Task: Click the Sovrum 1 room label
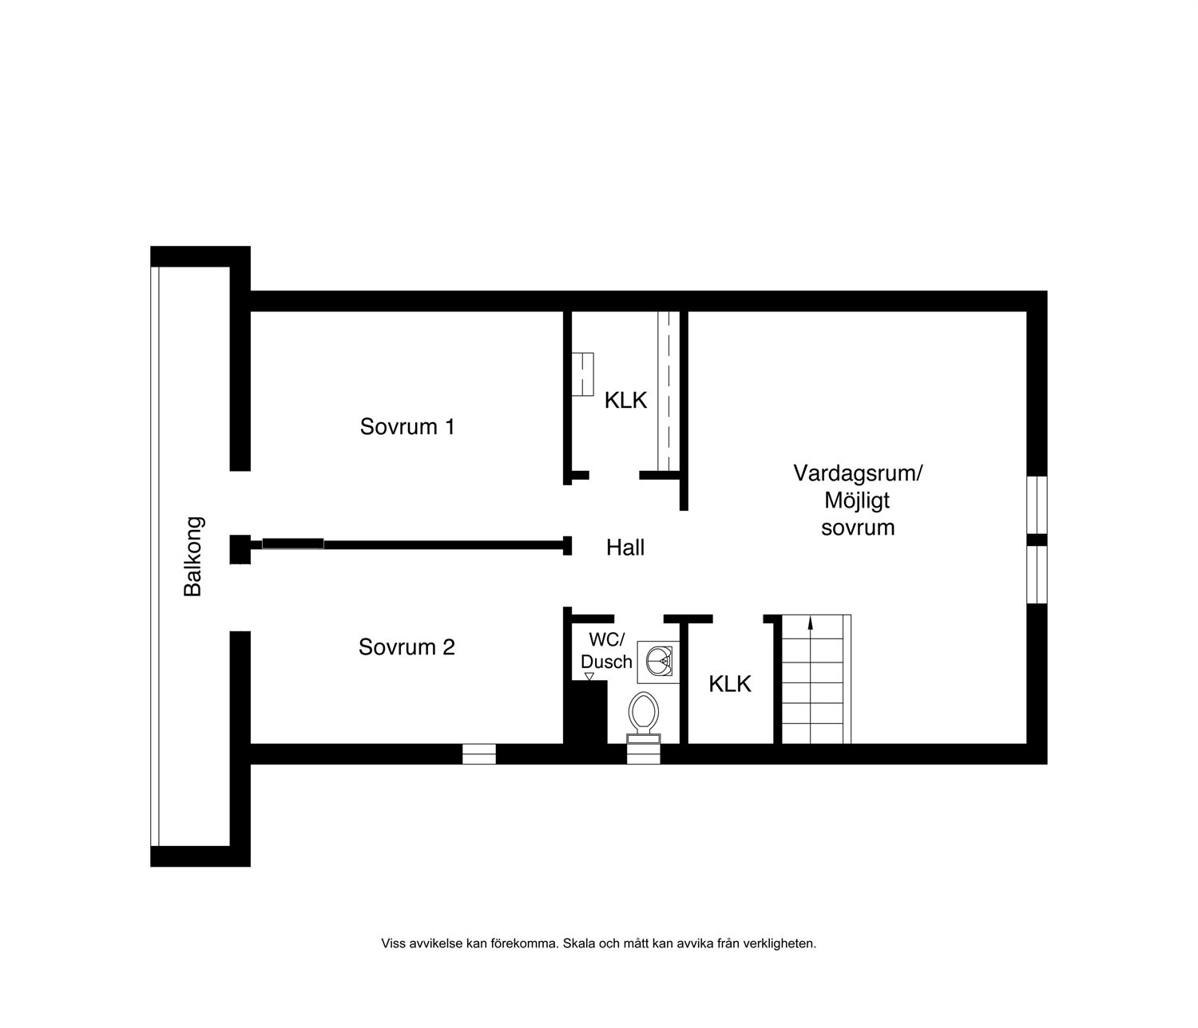tap(407, 427)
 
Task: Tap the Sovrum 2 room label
tap(407, 647)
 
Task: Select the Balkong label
tap(192, 556)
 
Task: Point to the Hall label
tap(625, 548)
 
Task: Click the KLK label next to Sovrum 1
tap(625, 400)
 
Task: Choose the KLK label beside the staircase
tap(730, 684)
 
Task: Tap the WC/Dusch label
tap(606, 650)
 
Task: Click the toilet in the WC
tap(644, 718)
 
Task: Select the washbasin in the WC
tap(658, 662)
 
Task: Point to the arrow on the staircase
tap(811, 623)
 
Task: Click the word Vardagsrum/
tap(857, 473)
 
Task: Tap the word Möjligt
tap(857, 500)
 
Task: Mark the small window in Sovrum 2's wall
tap(478, 754)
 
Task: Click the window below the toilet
tap(644, 754)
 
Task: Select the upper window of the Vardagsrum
tap(1037, 504)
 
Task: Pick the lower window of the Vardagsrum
tap(1037, 574)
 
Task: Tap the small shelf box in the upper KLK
tap(582, 374)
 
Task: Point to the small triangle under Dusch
tap(589, 677)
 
